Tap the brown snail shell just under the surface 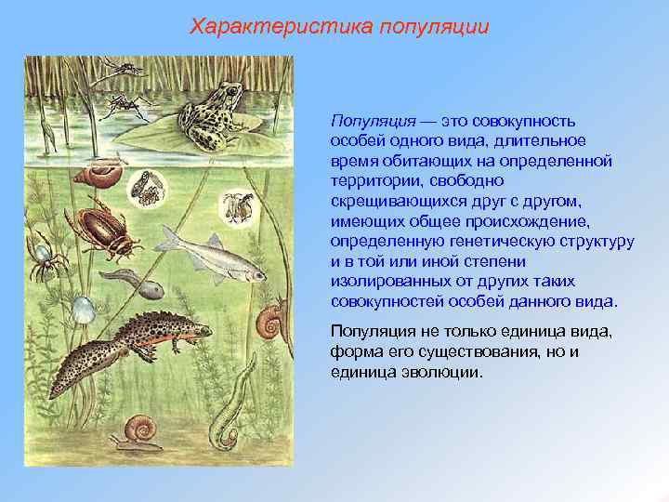tap(97, 176)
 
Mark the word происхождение tap(526, 221)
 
